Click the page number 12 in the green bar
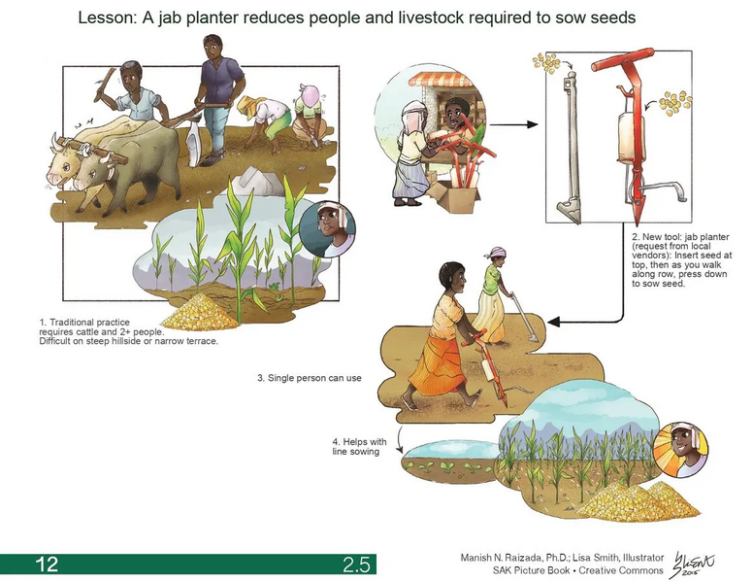[47, 564]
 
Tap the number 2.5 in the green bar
[356, 565]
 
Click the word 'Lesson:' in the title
[106, 18]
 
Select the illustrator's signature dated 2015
[693, 565]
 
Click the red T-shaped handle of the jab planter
[623, 59]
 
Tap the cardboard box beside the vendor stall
[455, 197]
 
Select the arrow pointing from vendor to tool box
[513, 124]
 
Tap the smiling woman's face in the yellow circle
[681, 450]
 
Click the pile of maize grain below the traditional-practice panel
[200, 312]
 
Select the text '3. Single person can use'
[310, 378]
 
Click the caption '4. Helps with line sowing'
[359, 446]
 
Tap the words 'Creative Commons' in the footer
[620, 570]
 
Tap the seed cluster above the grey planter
[546, 62]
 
